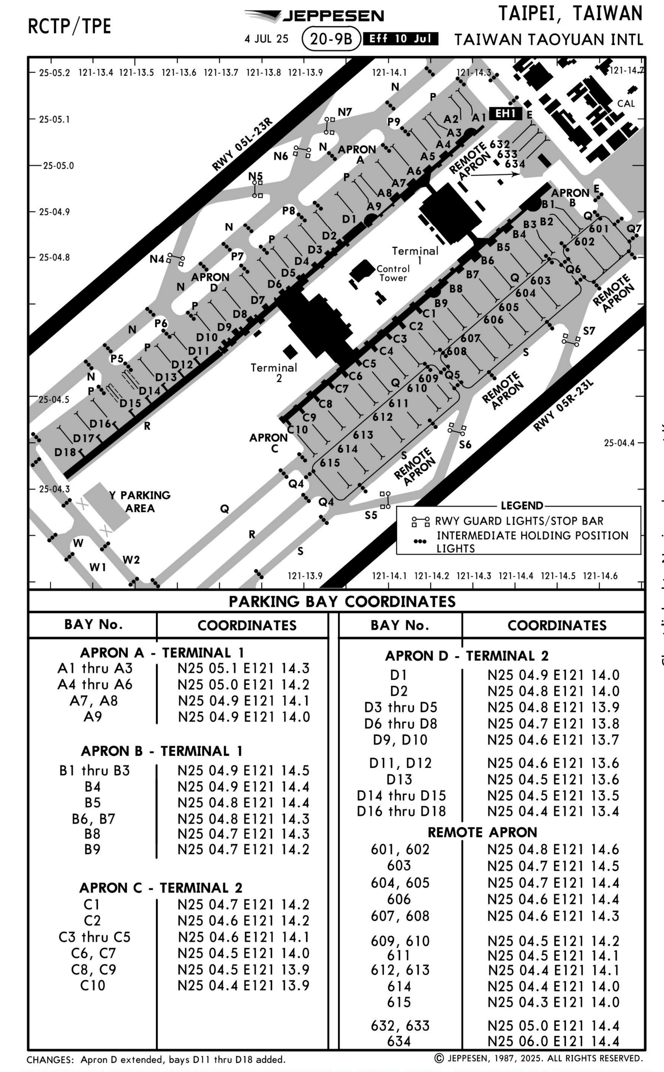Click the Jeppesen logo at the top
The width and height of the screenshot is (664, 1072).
coord(314,16)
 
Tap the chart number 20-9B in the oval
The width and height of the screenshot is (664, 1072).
coord(331,39)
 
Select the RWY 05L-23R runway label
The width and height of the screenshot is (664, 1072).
coord(242,145)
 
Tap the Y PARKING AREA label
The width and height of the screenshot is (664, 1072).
coord(140,501)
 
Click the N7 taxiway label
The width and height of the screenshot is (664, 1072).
coord(345,112)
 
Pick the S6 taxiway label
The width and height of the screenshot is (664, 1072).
coord(465,445)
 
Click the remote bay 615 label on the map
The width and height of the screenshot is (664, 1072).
coord(330,463)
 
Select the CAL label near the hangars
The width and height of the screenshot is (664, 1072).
coord(626,104)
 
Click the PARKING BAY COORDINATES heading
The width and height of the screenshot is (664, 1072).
coord(342,601)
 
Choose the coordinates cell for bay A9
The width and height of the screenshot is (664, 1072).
coord(244,717)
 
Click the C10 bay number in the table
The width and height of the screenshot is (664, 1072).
coord(93,986)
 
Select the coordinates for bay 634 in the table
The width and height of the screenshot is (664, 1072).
coord(553,1041)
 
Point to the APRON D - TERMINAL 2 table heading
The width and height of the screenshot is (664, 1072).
coord(467,656)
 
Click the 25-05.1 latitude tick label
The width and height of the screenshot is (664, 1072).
coord(54,119)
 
